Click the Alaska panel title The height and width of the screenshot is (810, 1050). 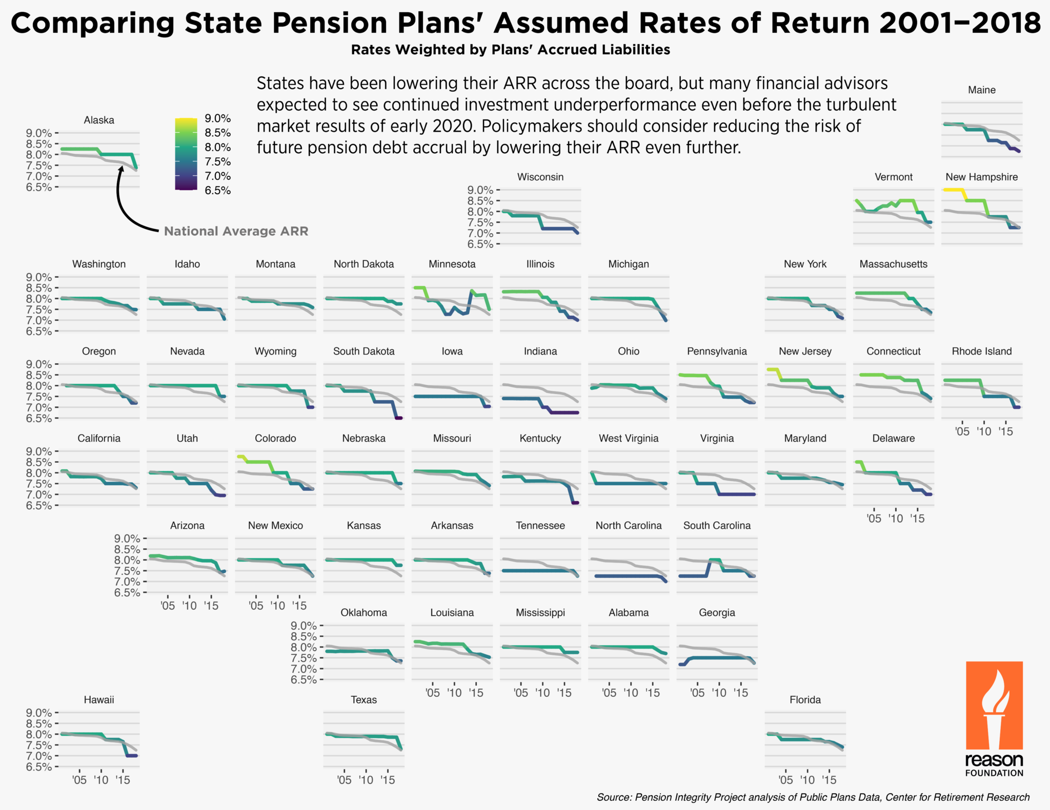pyautogui.click(x=99, y=120)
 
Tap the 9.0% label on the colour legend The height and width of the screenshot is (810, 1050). pyautogui.click(x=217, y=118)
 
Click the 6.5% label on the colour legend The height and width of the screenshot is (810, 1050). pyautogui.click(x=217, y=191)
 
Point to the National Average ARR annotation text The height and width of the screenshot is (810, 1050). pyautogui.click(x=236, y=231)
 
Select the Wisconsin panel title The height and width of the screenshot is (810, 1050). pyautogui.click(x=540, y=177)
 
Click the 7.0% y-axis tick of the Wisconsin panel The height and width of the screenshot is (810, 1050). pyautogui.click(x=480, y=233)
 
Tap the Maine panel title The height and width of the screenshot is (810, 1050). pyautogui.click(x=981, y=90)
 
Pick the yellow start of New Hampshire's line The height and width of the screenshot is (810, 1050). pyautogui.click(x=954, y=190)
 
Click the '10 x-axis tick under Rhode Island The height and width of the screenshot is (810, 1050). pyautogui.click(x=983, y=432)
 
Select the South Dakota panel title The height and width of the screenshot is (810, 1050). pyautogui.click(x=364, y=351)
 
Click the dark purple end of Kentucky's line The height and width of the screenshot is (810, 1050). pyautogui.click(x=575, y=503)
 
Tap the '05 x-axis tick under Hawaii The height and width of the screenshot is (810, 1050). pyautogui.click(x=79, y=780)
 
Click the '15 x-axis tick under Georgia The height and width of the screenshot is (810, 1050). pyautogui.click(x=740, y=693)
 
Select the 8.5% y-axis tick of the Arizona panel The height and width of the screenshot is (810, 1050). pyautogui.click(x=127, y=549)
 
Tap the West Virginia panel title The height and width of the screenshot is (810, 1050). pyautogui.click(x=628, y=439)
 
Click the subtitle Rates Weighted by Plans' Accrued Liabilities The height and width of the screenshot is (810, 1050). pyautogui.click(x=510, y=50)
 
